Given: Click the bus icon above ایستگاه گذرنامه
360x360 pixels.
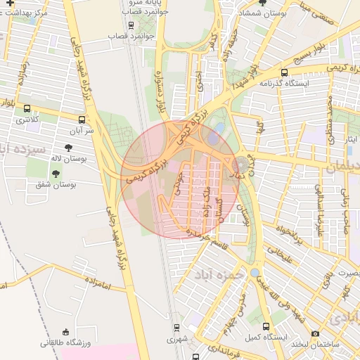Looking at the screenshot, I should coord(284,72).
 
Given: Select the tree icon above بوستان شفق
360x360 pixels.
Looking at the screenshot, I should coord(56,172).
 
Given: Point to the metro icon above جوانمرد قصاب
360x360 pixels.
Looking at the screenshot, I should coord(131,24).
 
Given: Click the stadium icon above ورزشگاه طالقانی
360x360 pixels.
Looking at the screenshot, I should coord(66,332).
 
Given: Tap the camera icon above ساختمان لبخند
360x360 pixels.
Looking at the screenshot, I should coord(315,333).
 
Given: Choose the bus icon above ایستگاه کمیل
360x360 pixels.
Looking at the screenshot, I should coord(266,326).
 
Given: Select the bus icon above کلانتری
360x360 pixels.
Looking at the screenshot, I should coord(27,109).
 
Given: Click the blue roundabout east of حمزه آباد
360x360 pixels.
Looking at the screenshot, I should coord(255,272).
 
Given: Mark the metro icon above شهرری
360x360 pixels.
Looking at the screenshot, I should coord(177,327).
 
